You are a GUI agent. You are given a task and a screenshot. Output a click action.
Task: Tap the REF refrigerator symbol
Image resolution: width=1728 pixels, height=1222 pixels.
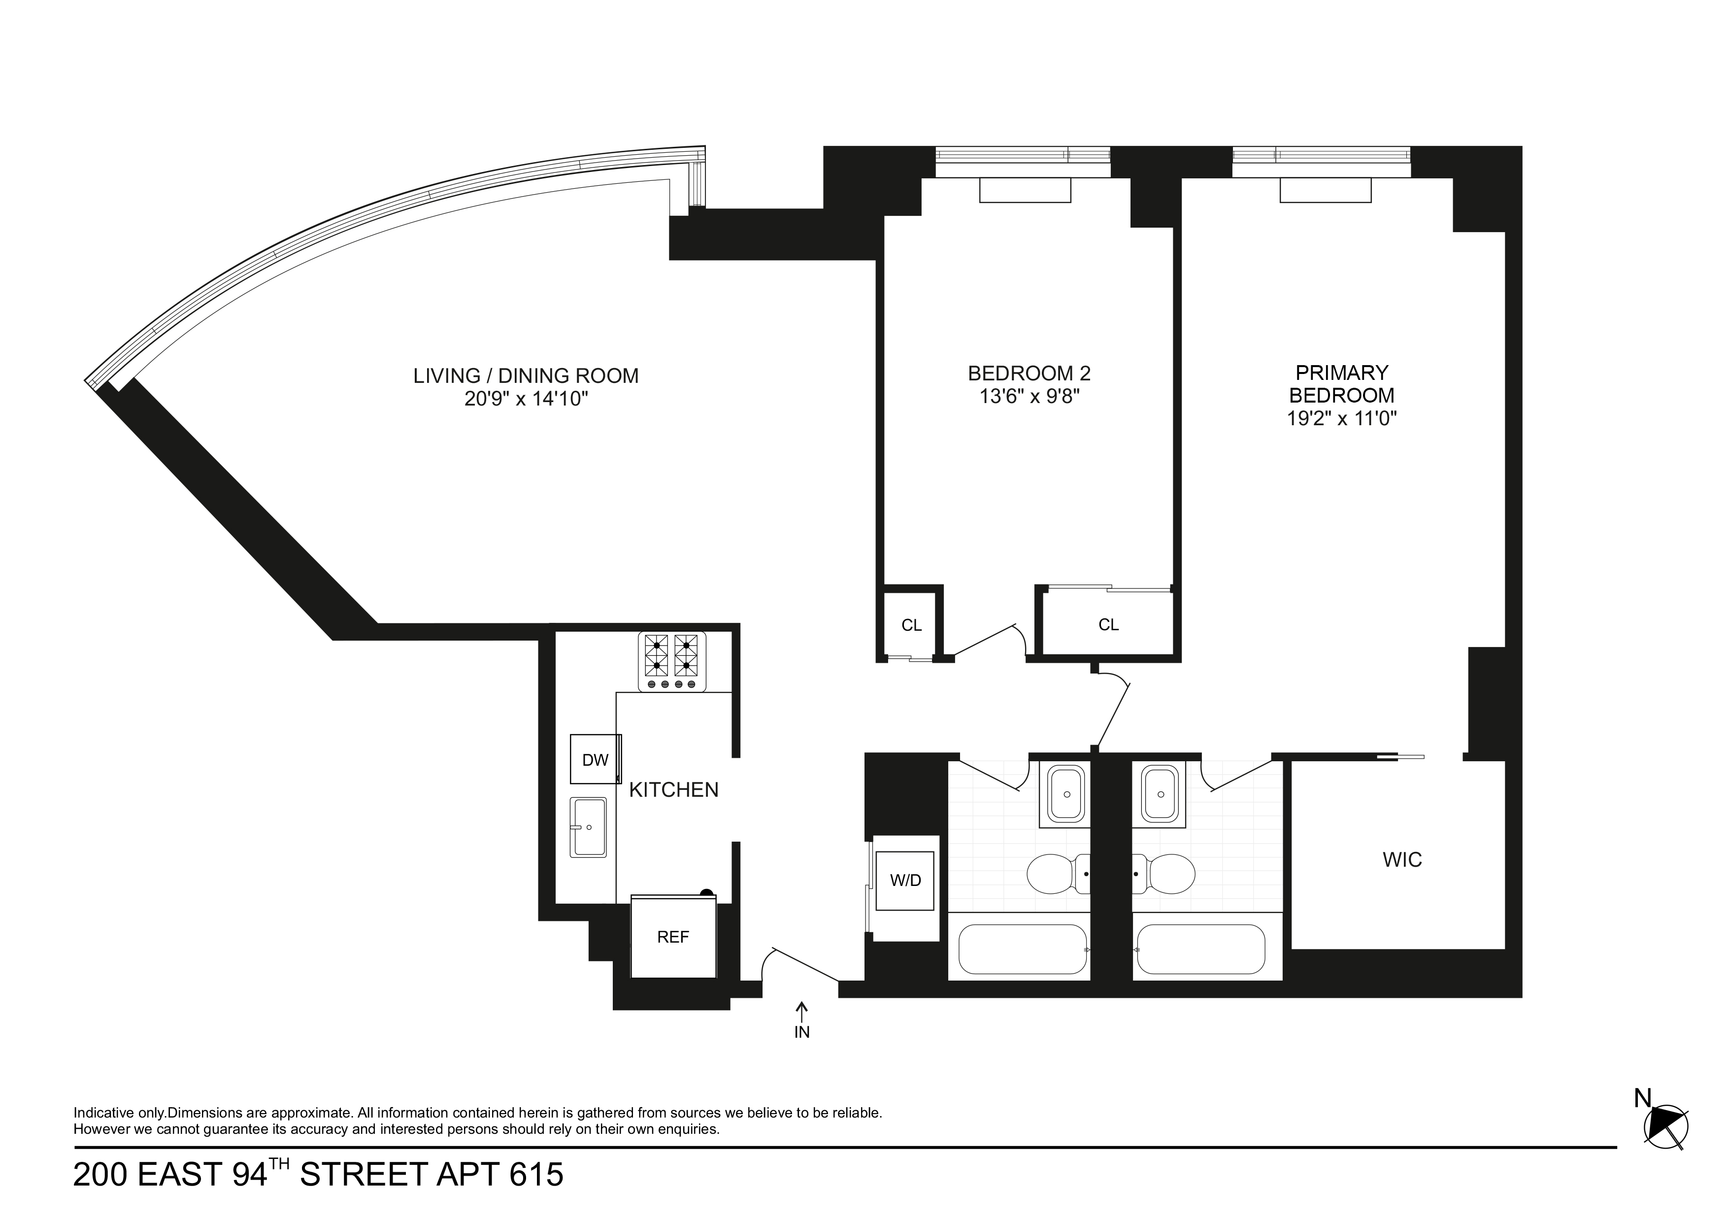point(673,937)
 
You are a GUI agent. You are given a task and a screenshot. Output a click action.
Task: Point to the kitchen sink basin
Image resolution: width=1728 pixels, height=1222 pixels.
point(589,827)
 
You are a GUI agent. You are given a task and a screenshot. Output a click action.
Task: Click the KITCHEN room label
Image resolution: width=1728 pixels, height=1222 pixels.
point(673,790)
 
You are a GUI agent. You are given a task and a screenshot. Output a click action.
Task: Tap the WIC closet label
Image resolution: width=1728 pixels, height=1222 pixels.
point(1402,860)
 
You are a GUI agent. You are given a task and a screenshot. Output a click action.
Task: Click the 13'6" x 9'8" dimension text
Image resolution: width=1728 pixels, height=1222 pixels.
point(1029,396)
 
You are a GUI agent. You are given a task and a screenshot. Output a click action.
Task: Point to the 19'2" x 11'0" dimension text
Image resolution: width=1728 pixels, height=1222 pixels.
point(1341,419)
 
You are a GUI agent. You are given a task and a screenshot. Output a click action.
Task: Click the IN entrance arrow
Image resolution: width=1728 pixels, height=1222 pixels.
point(802,1011)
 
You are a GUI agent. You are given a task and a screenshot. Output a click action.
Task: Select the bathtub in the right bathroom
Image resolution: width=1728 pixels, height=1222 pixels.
point(1199,950)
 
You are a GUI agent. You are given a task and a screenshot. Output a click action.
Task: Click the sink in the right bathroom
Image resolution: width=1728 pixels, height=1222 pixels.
point(1159,794)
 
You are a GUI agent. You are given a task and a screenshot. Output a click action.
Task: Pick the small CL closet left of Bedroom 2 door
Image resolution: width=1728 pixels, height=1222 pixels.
point(911,625)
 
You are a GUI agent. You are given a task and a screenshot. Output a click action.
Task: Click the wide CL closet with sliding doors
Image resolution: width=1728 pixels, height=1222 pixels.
point(1108,624)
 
